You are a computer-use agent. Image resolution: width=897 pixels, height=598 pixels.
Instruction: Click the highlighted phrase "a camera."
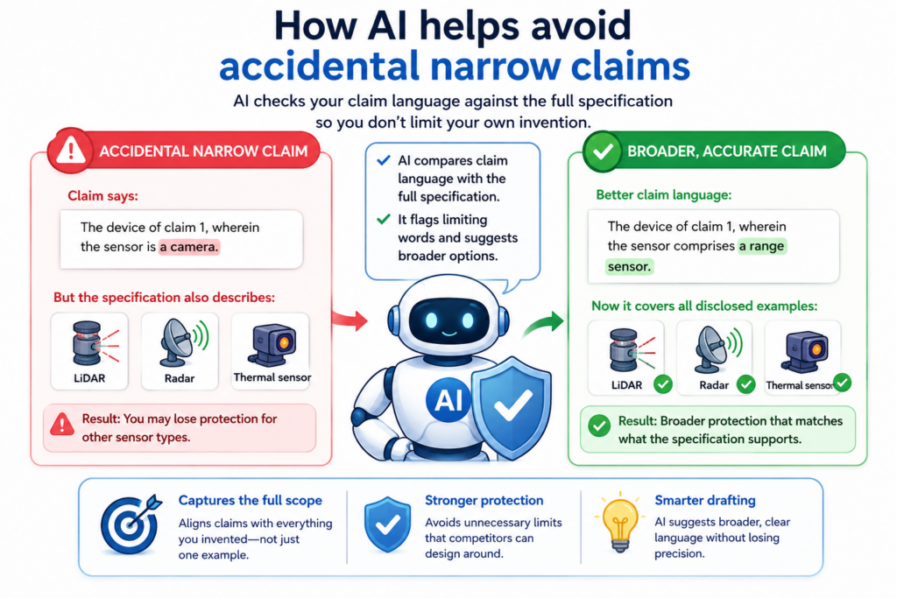pos(189,247)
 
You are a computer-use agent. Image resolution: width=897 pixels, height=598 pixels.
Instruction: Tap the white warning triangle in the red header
pos(70,151)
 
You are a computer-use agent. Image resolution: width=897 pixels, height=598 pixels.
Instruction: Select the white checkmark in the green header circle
pos(603,151)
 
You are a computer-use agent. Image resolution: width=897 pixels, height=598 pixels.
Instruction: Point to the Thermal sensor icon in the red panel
pos(272,344)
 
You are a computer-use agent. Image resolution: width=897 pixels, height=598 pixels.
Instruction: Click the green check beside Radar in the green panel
pos(746,384)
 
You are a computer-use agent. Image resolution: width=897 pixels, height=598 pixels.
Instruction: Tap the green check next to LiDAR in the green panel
pos(663,384)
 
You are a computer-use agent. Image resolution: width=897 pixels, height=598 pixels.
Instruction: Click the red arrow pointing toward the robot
pos(350,320)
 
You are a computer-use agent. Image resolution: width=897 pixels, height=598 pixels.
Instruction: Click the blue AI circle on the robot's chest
pos(448,400)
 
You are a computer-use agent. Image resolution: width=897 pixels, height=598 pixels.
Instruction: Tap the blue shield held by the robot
pos(511,406)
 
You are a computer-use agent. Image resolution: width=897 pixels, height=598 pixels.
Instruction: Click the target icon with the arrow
pos(131,524)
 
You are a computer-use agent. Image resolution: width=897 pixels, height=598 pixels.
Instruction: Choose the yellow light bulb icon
pos(619,522)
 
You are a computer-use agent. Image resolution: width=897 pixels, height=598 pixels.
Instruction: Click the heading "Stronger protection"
pos(484,500)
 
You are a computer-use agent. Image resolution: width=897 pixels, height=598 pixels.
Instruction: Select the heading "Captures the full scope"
pos(250,500)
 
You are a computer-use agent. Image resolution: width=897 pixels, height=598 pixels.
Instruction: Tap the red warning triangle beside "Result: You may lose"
pos(62,424)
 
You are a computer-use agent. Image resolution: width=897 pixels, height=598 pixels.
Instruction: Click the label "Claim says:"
pos(103,195)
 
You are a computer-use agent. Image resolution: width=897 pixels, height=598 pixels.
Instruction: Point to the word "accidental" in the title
pos(320,66)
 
